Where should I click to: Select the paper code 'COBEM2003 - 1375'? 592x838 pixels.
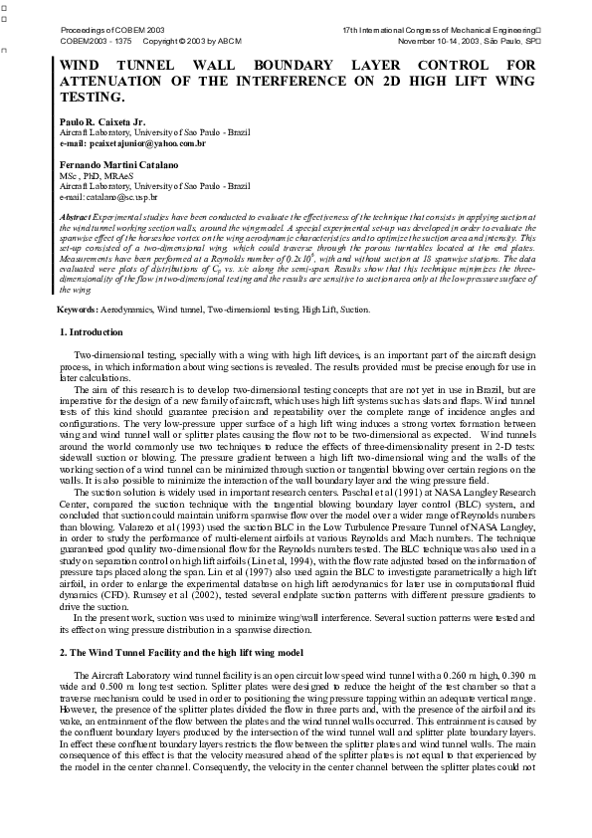[91, 43]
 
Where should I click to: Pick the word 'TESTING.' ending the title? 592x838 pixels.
[93, 98]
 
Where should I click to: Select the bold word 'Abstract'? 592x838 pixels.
[75, 216]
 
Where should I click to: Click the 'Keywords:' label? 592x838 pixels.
[80, 311]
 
